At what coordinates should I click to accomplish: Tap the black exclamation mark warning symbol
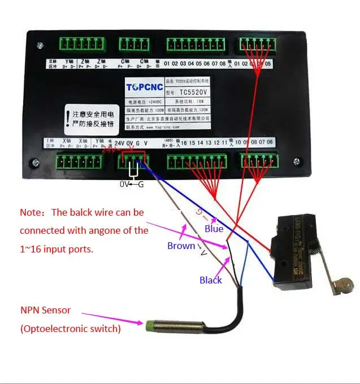(x=69, y=116)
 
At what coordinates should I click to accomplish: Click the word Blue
(x=214, y=229)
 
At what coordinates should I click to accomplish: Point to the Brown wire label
(x=181, y=246)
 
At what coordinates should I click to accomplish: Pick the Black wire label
(x=210, y=280)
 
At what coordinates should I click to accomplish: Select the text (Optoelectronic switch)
(x=70, y=328)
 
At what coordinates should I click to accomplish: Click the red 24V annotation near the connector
(x=109, y=151)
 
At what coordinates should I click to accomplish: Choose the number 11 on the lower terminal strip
(x=225, y=143)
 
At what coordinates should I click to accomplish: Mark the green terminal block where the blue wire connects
(x=133, y=162)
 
